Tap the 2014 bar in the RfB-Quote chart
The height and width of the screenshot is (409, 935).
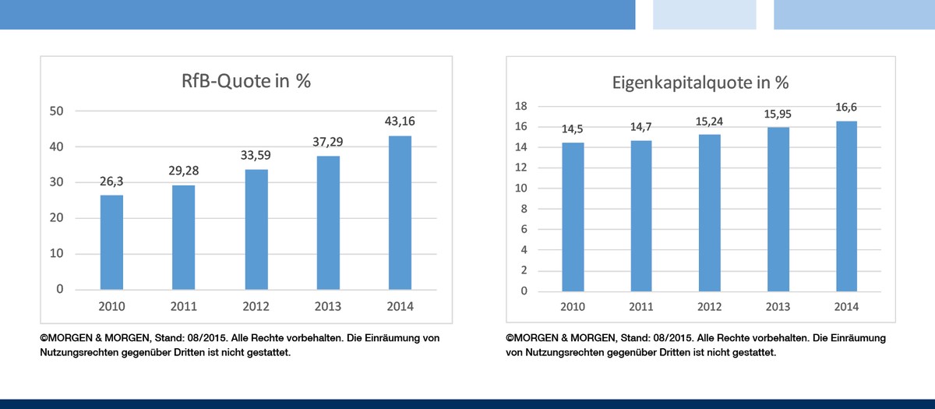click(400, 212)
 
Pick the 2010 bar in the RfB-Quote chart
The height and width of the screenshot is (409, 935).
click(111, 242)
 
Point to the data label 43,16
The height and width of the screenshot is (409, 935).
click(400, 122)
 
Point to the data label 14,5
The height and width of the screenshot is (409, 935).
click(573, 129)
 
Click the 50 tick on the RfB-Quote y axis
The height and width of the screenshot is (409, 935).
click(56, 111)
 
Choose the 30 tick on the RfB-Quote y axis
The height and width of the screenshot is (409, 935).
click(56, 182)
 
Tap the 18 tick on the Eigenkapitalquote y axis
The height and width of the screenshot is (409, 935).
click(522, 106)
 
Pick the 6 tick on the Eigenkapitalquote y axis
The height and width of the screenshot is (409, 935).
click(524, 229)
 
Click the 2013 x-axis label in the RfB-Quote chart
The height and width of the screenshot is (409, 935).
click(328, 306)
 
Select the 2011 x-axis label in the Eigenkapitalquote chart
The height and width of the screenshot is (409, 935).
click(640, 306)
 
